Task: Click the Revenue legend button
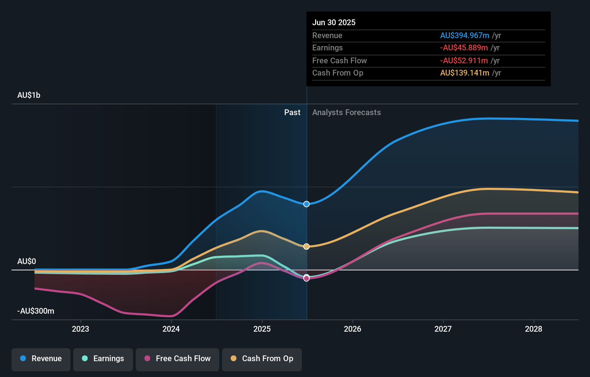pos(41,359)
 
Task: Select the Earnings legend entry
pos(103,359)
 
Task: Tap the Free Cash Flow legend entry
pos(178,359)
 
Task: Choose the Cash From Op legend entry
pos(262,359)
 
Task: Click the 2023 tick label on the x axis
pos(80,329)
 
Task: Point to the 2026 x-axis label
pos(352,329)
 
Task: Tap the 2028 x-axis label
pos(534,329)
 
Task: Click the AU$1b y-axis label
pos(29,95)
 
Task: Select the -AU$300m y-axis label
pos(36,311)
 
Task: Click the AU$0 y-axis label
pos(27,261)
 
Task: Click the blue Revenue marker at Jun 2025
pos(306,204)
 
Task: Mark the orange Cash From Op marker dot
pos(306,246)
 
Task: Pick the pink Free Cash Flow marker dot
pos(306,278)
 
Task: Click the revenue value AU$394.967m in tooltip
pos(465,36)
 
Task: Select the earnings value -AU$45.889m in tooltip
pos(464,48)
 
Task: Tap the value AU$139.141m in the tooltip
pos(465,73)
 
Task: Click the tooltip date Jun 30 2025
pos(334,22)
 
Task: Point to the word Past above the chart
pos(292,113)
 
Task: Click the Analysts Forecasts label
pos(346,113)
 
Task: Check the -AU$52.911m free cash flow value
pos(464,61)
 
